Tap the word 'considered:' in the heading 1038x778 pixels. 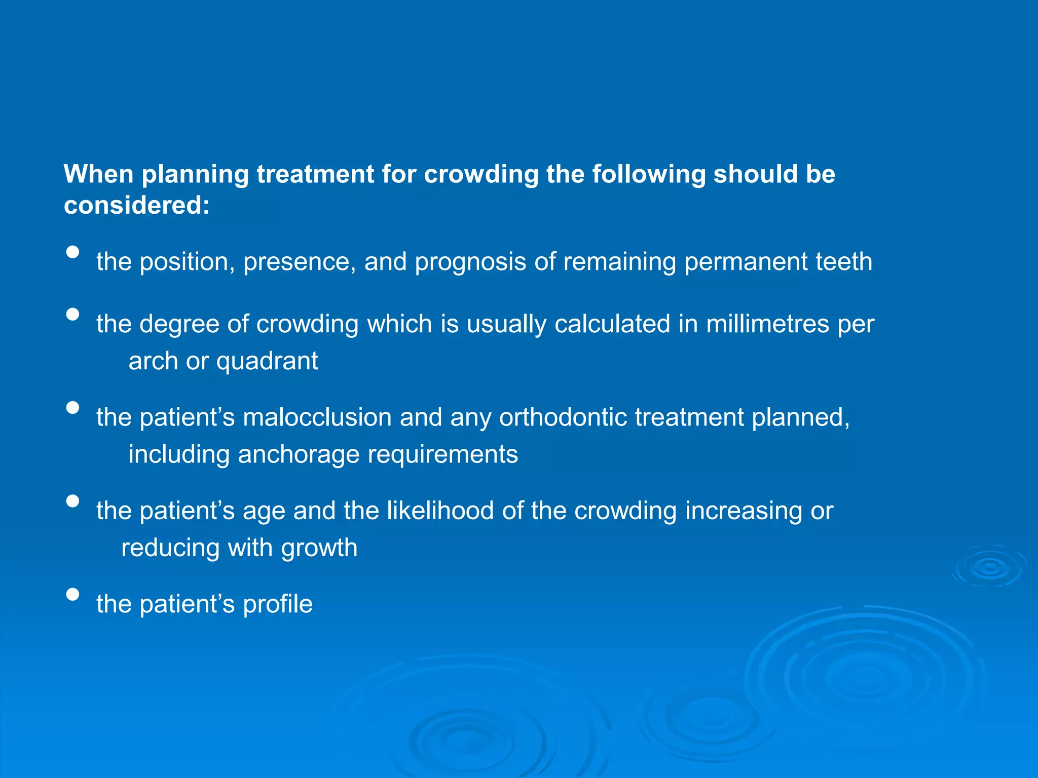point(136,206)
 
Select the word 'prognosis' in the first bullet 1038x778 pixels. point(470,262)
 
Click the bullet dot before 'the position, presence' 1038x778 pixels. point(73,252)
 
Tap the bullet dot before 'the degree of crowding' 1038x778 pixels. point(73,314)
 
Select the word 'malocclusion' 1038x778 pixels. point(317,418)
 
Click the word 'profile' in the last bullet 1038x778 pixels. point(278,604)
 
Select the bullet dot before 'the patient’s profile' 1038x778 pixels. point(73,594)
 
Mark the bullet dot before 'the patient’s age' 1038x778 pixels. point(73,501)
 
